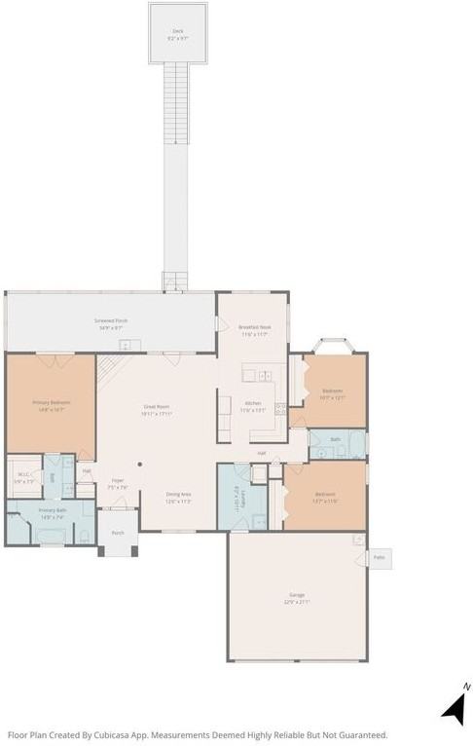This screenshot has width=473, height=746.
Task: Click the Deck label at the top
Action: [178, 31]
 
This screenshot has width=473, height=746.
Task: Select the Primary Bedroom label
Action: [51, 401]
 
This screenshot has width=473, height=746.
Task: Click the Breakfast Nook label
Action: [255, 327]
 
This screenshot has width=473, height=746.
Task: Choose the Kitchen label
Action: [253, 402]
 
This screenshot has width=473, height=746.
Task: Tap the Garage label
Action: [296, 594]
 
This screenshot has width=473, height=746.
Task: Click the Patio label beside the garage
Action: [380, 559]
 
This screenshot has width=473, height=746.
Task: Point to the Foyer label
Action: [117, 480]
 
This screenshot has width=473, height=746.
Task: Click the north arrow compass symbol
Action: [455, 707]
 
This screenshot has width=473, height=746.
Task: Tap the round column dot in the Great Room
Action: [140, 464]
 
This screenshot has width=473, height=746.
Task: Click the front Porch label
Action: [118, 533]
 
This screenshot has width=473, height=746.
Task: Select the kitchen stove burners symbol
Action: [280, 408]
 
